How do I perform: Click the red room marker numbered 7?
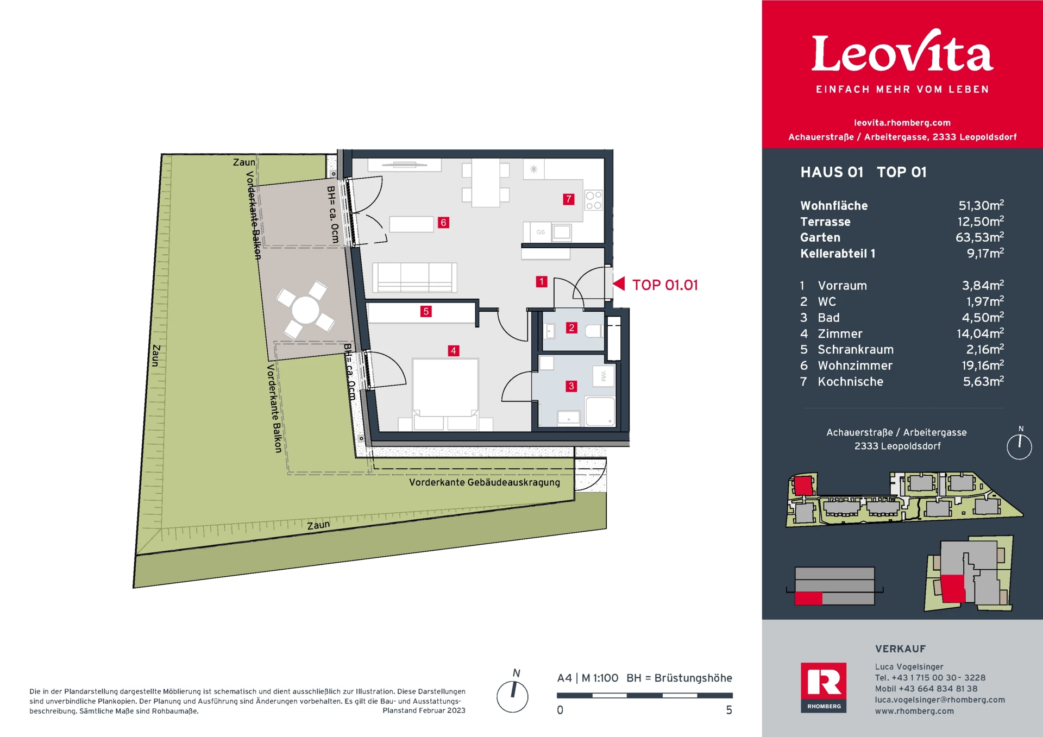568,199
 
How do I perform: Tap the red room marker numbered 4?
453,351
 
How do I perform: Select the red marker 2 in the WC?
571,327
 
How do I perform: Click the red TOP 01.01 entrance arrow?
619,284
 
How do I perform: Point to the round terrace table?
305,310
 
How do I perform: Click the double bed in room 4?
445,388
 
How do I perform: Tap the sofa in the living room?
414,277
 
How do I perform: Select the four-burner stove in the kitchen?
593,200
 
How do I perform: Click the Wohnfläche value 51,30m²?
981,205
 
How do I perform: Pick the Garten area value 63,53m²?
979,237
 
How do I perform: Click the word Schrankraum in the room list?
855,350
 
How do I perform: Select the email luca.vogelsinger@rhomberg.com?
939,700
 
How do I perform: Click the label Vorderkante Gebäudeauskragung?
484,482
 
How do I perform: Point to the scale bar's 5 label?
729,710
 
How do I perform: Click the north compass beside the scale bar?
512,696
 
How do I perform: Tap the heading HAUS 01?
831,172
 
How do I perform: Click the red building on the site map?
803,484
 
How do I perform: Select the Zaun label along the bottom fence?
318,525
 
